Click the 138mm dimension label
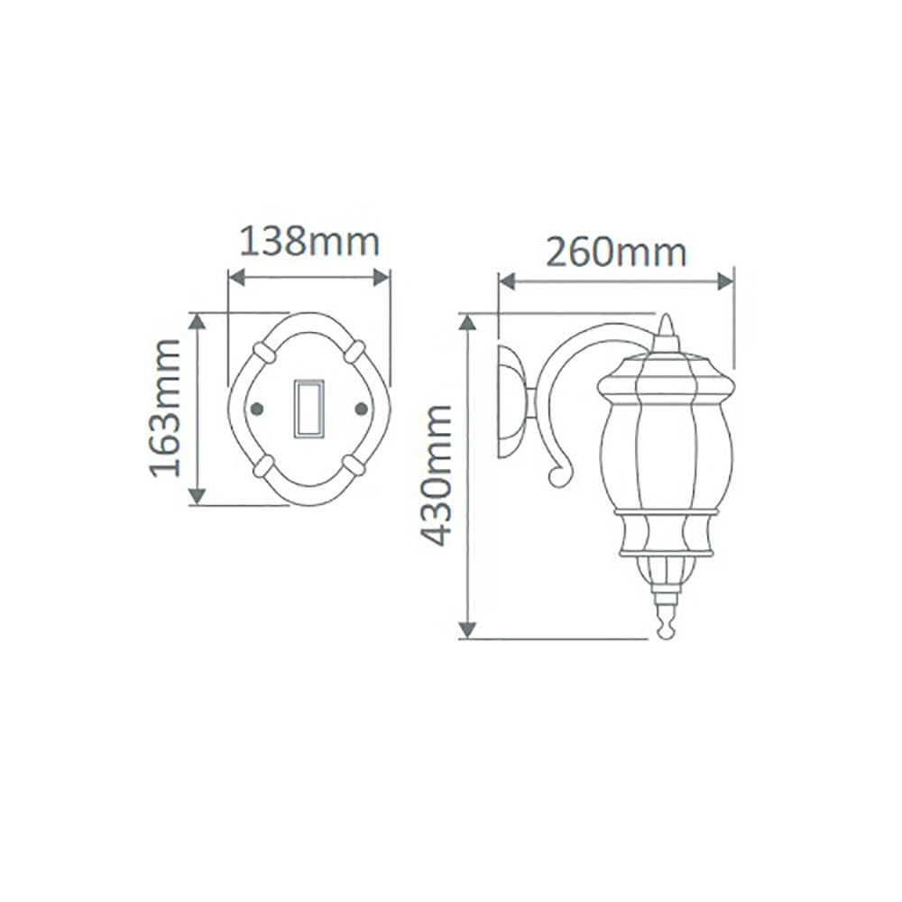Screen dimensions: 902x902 tap(308, 242)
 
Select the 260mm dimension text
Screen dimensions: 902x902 tap(617, 252)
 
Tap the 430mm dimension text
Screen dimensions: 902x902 tap(437, 474)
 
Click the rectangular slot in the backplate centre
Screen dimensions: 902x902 tap(308, 409)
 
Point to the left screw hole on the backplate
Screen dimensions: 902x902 tap(256, 409)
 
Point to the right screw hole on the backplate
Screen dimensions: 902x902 tap(362, 409)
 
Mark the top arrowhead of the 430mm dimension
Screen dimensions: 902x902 tap(467, 324)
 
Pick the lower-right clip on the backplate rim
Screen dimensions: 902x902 tap(354, 464)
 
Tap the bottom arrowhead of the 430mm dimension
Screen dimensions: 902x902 tap(467, 628)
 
